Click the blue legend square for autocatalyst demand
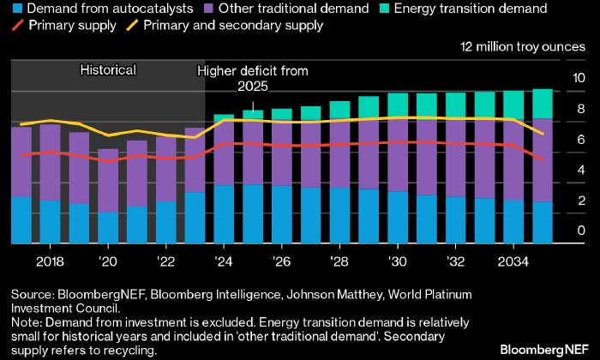[x=16, y=9]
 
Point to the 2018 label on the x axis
[x=51, y=261]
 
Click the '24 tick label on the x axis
[x=224, y=261]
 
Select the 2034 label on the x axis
[x=513, y=261]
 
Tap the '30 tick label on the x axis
[x=397, y=261]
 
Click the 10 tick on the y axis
[x=579, y=78]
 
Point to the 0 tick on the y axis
[x=581, y=231]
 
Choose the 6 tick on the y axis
[x=581, y=140]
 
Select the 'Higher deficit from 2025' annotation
[x=253, y=78]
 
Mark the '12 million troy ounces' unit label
[x=524, y=46]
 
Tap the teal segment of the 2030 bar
[x=398, y=105]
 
